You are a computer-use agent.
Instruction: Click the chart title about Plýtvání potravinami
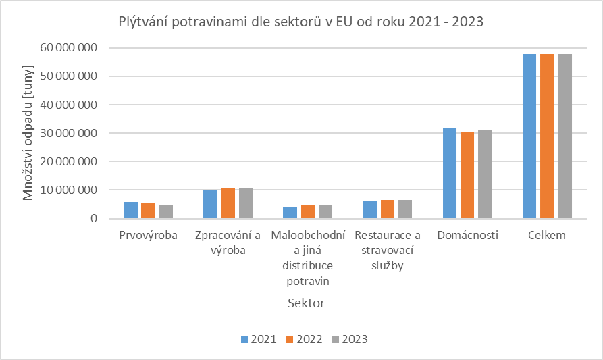tap(301, 22)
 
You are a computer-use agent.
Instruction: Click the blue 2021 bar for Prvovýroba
tap(130, 211)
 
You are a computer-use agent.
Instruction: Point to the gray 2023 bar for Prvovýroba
tap(166, 212)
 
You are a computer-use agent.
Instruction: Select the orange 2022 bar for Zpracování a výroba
tap(228, 204)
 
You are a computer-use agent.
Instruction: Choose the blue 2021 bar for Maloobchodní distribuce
tap(290, 213)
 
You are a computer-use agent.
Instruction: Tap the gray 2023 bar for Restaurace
tap(405, 209)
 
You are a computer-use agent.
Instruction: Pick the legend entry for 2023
tap(349, 339)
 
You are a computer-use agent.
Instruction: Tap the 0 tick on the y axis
tap(94, 219)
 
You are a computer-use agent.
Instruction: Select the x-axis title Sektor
tap(306, 303)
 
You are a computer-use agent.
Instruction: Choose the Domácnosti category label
tap(467, 236)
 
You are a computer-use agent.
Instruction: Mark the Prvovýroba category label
tap(148, 236)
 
